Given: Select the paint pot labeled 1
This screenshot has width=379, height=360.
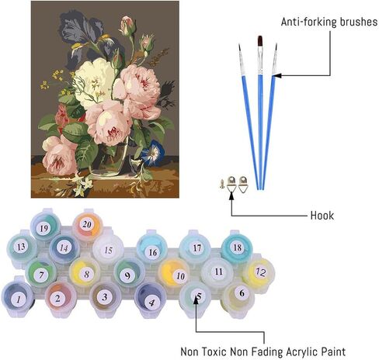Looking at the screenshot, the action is click(x=18, y=297).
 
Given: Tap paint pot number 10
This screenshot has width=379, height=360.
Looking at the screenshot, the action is click(x=175, y=274).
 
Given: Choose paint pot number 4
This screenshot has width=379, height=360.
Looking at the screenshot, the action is click(x=151, y=300).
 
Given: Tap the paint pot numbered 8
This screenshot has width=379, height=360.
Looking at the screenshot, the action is click(x=85, y=273).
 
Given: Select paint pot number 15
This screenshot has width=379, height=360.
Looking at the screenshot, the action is click(x=108, y=249).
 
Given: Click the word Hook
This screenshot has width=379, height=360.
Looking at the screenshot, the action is click(x=322, y=216).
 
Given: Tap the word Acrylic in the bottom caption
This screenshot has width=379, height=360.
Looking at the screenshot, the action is click(x=301, y=352).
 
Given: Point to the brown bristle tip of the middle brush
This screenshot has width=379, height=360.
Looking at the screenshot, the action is click(x=260, y=42).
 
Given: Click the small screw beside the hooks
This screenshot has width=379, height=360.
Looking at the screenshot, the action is click(x=222, y=184).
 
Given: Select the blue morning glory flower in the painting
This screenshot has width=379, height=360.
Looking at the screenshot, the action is click(x=153, y=153).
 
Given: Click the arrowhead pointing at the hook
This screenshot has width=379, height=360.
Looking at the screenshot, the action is click(x=231, y=196).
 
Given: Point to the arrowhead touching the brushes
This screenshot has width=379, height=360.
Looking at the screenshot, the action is click(x=276, y=75).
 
